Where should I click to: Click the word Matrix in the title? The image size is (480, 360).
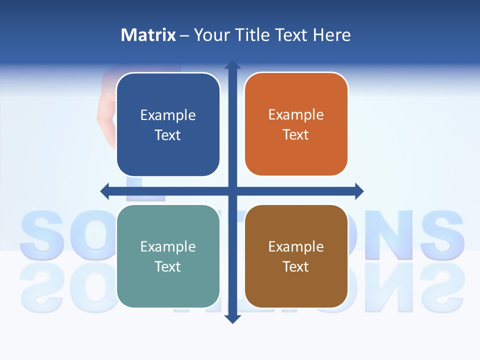point(148,35)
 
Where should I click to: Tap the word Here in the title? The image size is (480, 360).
point(331,35)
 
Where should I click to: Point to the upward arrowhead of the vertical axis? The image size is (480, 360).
point(232,65)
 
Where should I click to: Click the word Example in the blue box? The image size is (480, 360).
point(168,115)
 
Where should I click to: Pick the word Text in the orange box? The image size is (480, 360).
point(296,135)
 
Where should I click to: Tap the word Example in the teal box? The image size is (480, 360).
point(168,246)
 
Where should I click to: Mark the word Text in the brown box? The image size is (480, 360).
point(296,266)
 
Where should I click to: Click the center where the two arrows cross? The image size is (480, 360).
point(232,191)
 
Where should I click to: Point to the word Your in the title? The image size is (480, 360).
point(210,35)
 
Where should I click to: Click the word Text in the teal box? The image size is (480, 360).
point(168,266)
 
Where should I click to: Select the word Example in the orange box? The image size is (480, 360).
point(296,115)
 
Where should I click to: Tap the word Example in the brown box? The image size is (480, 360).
point(296,246)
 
